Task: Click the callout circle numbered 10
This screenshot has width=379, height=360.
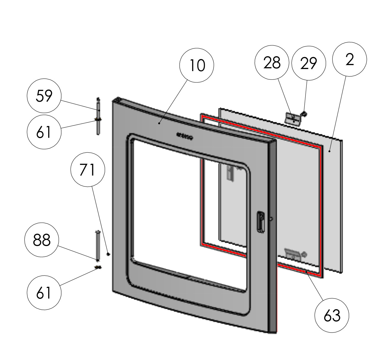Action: coord(197,65)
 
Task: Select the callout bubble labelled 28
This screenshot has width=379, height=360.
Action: coord(272,62)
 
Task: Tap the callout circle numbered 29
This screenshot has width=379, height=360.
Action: coord(308,63)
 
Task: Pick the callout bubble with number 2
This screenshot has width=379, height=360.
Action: coord(350,59)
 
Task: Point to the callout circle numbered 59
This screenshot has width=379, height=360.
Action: coord(44,96)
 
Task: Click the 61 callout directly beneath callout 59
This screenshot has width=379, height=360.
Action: coord(44,132)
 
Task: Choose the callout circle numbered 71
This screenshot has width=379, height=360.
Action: coord(87,170)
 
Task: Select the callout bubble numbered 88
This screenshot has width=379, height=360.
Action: coord(42,240)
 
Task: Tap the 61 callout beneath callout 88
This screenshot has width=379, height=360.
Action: coord(44,293)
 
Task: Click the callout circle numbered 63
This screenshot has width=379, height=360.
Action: coord(332,315)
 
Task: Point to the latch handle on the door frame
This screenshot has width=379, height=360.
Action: coord(260,222)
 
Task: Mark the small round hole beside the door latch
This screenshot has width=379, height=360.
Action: coord(270,219)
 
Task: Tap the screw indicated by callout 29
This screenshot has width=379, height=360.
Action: coord(304,113)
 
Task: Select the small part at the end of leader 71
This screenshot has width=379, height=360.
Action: coord(108,254)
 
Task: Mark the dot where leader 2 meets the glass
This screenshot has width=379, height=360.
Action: coord(330,151)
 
